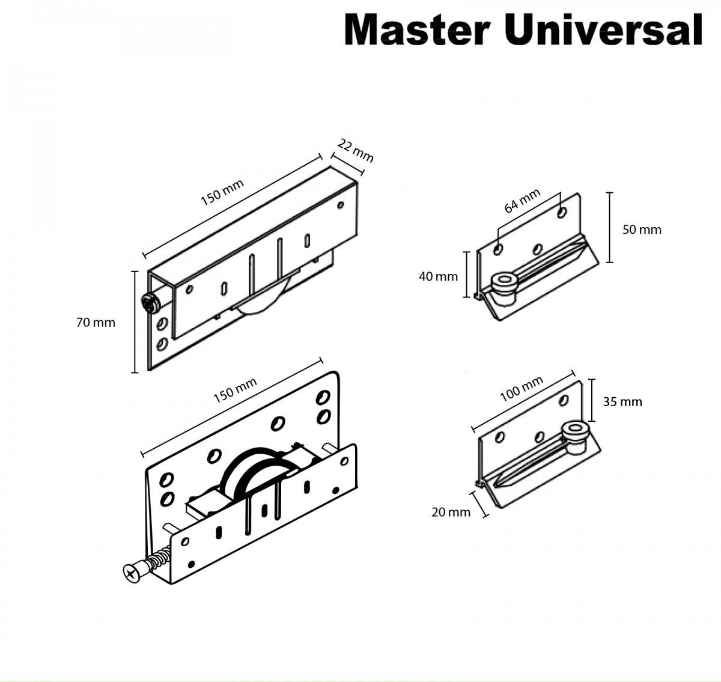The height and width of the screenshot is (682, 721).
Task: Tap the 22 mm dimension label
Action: coord(356,150)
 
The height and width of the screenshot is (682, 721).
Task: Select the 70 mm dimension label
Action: coord(96,323)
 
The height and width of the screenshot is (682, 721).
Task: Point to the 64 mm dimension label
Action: coord(522,201)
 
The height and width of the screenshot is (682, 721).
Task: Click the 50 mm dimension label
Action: coord(642,230)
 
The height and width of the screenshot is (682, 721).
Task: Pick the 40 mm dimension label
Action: coord(438,276)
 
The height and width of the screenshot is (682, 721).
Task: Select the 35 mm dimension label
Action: coord(622,401)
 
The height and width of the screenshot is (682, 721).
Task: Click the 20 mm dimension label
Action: coord(451,512)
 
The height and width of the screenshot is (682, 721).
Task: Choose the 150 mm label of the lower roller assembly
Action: coord(235,391)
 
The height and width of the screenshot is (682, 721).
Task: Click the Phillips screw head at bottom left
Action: coord(133,571)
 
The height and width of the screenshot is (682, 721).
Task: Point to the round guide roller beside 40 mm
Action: coord(503,282)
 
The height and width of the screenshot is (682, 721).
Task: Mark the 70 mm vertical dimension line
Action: coord(134,321)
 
